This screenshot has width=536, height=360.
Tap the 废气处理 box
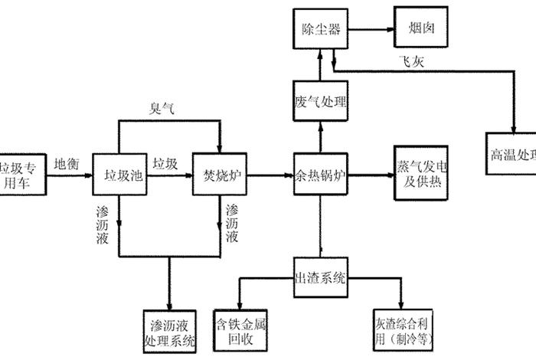click(320, 102)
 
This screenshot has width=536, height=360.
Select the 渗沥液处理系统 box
click(170, 330)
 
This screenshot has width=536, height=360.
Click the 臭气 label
click(162, 110)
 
